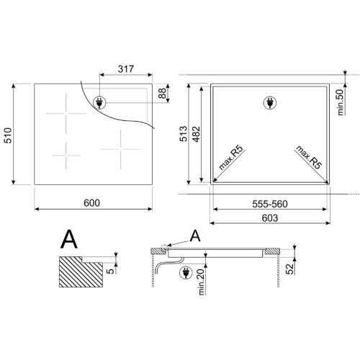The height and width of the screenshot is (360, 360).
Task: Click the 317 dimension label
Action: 126,69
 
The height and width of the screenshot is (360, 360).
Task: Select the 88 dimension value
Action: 163,93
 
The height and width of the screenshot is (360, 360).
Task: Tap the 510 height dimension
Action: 8,135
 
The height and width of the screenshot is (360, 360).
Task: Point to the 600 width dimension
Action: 91,203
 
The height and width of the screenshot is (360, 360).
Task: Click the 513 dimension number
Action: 184,133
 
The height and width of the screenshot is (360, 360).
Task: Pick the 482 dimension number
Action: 197,134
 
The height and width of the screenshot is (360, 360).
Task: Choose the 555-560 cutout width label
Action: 270,204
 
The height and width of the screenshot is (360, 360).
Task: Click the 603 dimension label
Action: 270,218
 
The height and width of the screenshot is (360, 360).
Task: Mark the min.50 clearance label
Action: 341,102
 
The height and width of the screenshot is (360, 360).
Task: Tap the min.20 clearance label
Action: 201,282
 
